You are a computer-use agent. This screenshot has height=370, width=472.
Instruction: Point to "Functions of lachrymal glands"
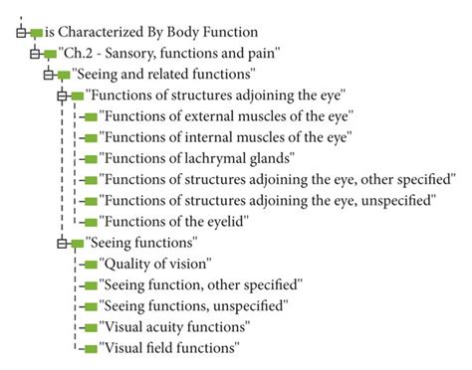(198, 157)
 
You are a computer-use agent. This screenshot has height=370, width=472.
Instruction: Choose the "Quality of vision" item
(155, 264)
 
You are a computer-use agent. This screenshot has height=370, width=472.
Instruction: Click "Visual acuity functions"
(174, 326)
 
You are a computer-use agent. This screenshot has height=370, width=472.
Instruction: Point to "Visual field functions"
(169, 348)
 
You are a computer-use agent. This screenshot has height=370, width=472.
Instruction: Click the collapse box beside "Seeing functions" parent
(63, 243)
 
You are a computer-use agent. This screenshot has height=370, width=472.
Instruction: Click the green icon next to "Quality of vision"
(91, 264)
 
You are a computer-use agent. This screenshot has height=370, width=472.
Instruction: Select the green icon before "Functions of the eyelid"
(91, 221)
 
